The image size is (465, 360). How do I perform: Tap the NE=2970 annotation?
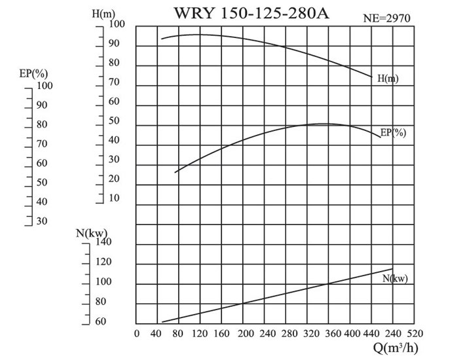(x=386, y=19)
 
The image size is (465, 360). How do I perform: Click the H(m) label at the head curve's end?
(x=388, y=79)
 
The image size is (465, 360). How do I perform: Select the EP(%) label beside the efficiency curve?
(x=394, y=132)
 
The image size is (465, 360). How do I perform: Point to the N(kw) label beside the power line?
(x=395, y=279)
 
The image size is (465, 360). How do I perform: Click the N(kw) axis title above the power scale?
(x=92, y=232)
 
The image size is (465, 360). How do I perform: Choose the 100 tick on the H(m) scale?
(x=118, y=25)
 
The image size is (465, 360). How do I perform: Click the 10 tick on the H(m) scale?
(x=115, y=198)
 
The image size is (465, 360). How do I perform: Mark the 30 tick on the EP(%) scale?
(x=41, y=221)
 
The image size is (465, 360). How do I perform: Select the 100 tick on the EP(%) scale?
(x=44, y=85)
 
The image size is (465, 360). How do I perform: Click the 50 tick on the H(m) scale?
(x=115, y=121)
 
